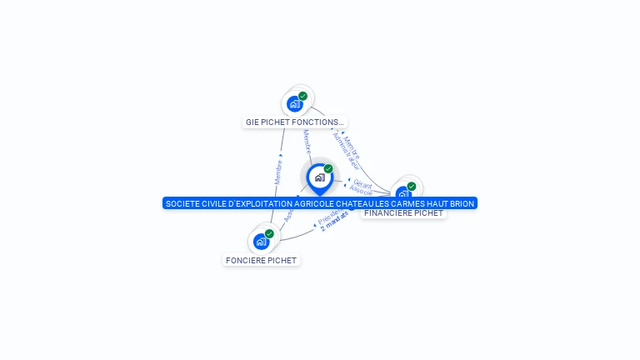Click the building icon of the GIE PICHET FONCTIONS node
tap(294, 104)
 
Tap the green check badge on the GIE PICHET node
tap(303, 96)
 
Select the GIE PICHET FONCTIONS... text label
tap(294, 122)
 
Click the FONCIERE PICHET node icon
tap(261, 242)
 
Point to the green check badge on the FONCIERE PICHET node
tap(269, 234)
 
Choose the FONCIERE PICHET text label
tap(261, 260)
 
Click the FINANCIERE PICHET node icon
tap(403, 195)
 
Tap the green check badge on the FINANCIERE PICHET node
tap(412, 186)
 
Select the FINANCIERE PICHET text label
tap(403, 213)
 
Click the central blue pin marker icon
tap(319, 177)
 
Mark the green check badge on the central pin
tap(328, 169)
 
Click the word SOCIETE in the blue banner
tap(182, 203)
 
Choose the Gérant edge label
tap(362, 182)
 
